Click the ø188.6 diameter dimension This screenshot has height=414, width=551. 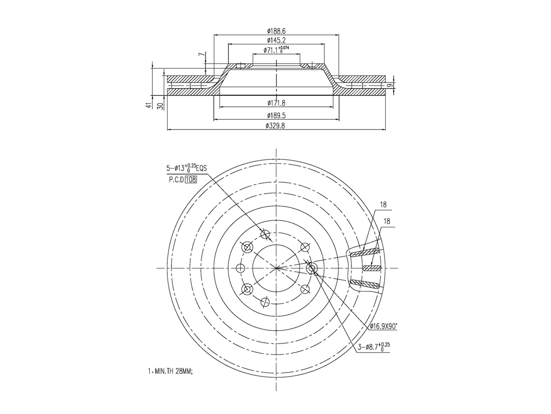(276, 31)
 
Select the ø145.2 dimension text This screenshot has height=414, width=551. (276, 41)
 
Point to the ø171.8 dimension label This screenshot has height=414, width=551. (276, 103)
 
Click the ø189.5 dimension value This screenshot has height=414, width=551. (276, 115)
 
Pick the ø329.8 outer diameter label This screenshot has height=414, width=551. (276, 126)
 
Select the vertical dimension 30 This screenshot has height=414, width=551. (160, 106)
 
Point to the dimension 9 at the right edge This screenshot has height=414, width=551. (390, 85)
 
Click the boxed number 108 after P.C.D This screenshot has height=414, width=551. (191, 180)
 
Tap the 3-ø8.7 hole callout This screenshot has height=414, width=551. (374, 347)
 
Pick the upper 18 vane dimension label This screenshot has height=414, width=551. (383, 205)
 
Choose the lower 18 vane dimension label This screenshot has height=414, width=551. (386, 221)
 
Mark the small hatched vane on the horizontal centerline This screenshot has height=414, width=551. (371, 268)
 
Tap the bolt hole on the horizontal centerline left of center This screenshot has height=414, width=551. (241, 268)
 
